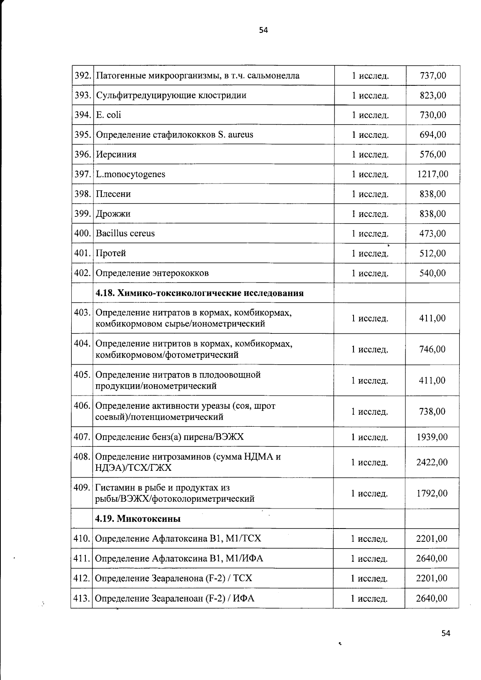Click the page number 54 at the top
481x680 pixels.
[263, 30]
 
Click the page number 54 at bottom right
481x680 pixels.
[446, 633]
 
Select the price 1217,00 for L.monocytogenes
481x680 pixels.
[432, 174]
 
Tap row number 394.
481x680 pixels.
[82, 115]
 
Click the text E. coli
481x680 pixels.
[108, 115]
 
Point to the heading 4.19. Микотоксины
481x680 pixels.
[137, 519]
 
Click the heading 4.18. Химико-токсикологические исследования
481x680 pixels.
[199, 293]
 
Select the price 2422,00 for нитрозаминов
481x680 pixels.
[432, 462]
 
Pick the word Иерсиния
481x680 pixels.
[116, 155]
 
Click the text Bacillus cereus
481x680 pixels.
[125, 233]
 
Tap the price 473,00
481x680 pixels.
[432, 234]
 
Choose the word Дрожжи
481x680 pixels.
[113, 214]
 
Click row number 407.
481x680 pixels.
[82, 437]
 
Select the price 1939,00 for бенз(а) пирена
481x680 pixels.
[432, 437]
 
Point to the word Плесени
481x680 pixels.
[113, 194]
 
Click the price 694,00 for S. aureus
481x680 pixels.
[432, 135]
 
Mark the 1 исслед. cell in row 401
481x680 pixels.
[370, 253]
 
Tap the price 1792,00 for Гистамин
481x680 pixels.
[432, 493]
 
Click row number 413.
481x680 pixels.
[81, 599]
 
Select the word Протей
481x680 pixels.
[111, 253]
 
